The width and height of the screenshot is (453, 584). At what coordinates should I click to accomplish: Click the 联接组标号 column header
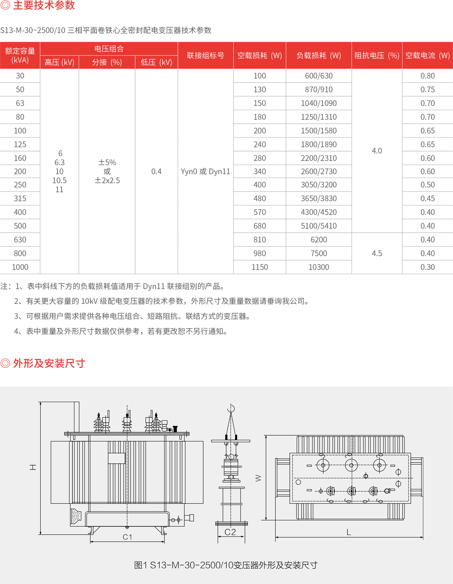click(205, 55)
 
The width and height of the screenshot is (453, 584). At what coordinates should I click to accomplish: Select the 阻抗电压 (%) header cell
click(377, 55)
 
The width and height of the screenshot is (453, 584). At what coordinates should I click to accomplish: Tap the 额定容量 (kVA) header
click(20, 55)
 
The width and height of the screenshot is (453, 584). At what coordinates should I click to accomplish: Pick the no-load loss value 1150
click(260, 267)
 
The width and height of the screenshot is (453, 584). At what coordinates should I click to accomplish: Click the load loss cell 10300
click(319, 267)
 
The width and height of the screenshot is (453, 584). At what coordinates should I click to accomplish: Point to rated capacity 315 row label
click(20, 198)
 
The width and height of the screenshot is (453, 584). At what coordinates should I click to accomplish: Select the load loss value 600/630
click(319, 76)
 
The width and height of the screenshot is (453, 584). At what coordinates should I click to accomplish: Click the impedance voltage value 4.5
click(377, 253)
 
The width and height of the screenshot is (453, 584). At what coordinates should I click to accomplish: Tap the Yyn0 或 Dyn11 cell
click(205, 172)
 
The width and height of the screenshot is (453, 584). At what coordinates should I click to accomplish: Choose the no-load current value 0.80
click(427, 76)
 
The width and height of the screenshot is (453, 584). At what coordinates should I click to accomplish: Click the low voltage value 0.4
click(156, 172)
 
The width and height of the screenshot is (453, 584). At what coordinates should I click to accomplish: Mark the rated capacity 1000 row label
click(20, 267)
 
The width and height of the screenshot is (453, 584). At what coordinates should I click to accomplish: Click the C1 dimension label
click(127, 537)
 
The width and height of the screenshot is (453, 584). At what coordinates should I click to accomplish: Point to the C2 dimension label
click(230, 532)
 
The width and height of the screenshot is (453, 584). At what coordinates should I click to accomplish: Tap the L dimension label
click(349, 532)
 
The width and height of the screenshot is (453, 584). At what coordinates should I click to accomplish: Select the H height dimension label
click(33, 468)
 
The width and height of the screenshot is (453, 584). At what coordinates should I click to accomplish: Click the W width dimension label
click(258, 478)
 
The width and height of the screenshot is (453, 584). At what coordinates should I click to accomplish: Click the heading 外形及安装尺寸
click(49, 363)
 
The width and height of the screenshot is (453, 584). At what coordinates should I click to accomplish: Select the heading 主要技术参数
click(44, 5)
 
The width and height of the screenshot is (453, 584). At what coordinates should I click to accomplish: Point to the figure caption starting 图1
click(226, 565)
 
